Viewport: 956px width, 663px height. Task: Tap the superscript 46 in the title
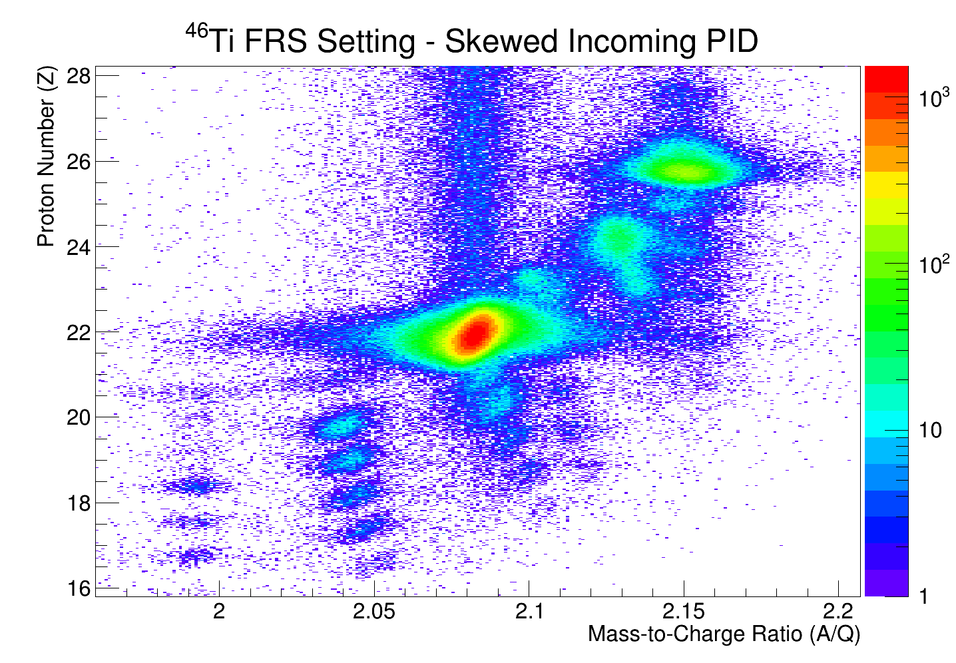pyautogui.click(x=196, y=32)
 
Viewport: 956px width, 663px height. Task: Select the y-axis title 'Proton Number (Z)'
pyautogui.click(x=47, y=156)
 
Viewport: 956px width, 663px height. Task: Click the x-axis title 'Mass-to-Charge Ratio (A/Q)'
pyautogui.click(x=724, y=634)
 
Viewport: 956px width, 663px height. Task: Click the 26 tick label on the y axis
pyautogui.click(x=79, y=161)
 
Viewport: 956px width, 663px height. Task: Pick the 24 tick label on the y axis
pyautogui.click(x=79, y=246)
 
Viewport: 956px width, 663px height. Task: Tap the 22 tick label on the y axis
pyautogui.click(x=79, y=331)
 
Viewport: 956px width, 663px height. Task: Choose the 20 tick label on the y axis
pyautogui.click(x=79, y=417)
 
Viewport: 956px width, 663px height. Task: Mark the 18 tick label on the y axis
pyautogui.click(x=79, y=503)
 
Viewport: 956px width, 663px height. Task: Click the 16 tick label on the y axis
pyautogui.click(x=79, y=588)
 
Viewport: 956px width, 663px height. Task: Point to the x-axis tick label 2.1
pyautogui.click(x=529, y=611)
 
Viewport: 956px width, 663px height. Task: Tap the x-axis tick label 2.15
pyautogui.click(x=684, y=611)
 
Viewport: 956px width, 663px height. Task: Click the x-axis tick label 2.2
pyautogui.click(x=838, y=611)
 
